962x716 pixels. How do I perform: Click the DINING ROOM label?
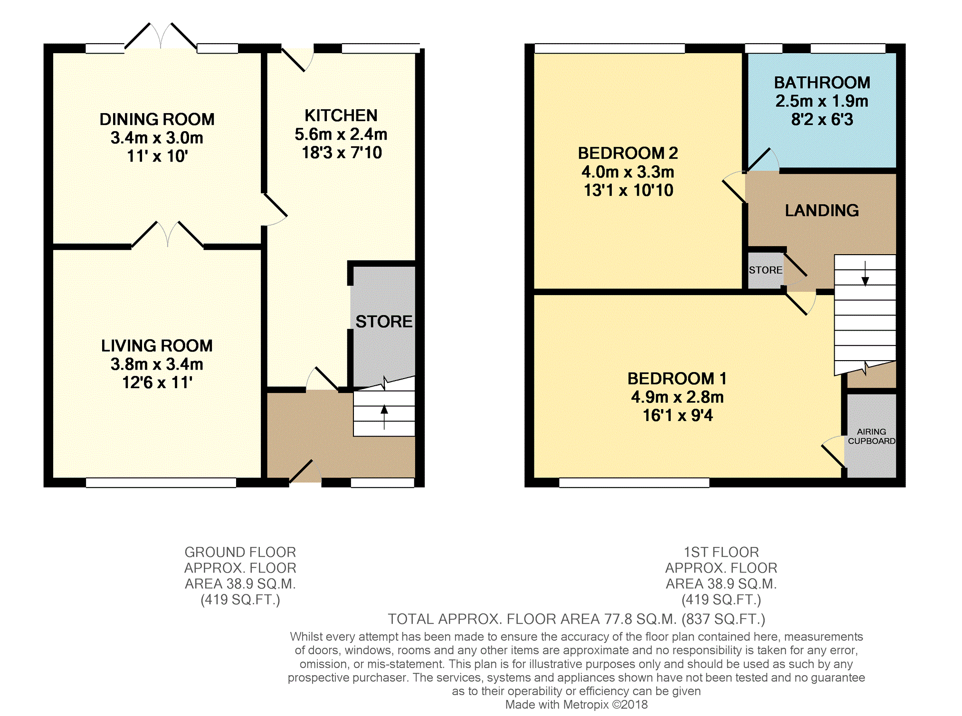(157, 119)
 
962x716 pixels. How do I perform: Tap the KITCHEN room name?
(341, 115)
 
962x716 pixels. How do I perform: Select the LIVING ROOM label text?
(157, 346)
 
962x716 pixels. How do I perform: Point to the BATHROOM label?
(822, 83)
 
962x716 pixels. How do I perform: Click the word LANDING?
(822, 210)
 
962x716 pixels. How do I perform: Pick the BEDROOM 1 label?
(677, 379)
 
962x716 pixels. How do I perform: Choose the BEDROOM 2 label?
(628, 153)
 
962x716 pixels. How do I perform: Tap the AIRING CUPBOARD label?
(872, 436)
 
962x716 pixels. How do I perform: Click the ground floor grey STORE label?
(384, 322)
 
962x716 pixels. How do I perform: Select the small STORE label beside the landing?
(765, 270)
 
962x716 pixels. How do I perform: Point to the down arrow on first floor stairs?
(865, 274)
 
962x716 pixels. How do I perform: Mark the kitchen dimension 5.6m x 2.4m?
(341, 134)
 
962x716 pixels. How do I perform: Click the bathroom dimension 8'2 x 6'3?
(822, 119)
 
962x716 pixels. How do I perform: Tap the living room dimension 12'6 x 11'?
(157, 382)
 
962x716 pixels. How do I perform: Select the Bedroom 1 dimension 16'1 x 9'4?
(677, 416)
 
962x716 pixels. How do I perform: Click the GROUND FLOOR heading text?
(240, 552)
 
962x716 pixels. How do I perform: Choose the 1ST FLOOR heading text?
(721, 552)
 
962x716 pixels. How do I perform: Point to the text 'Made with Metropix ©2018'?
(576, 705)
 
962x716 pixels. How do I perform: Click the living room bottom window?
(161, 483)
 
